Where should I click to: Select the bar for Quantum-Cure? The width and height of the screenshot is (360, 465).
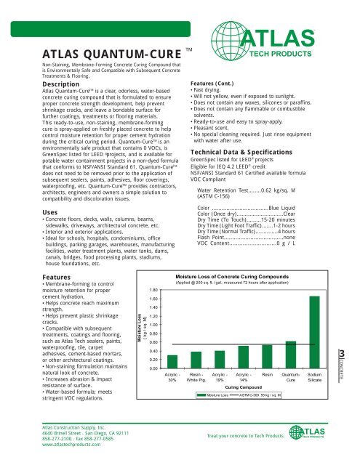(x=291, y=355)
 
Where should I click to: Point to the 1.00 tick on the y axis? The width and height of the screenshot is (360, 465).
(x=144, y=325)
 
